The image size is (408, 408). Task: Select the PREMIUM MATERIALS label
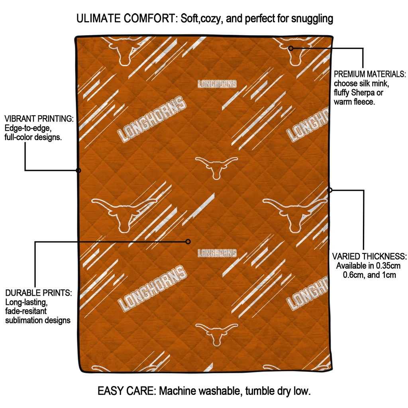pos(369,75)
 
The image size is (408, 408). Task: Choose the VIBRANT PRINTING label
pos(39,119)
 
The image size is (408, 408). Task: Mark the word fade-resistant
pos(27,311)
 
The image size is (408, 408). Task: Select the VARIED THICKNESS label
pos(369,256)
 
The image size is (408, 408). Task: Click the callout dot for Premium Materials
pos(291,48)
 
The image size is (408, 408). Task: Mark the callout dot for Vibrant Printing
pos(78,171)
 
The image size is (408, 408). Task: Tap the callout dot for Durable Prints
pos(188,241)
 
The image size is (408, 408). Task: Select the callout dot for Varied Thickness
pos(330,190)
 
